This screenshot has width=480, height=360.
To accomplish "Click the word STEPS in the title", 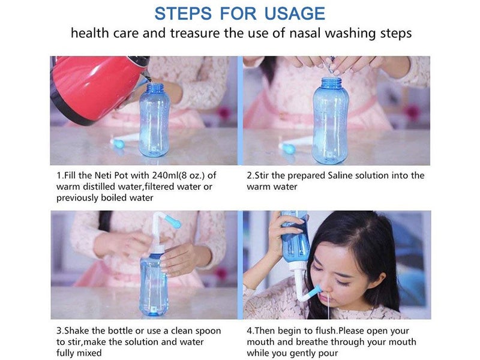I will coord(182,13).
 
